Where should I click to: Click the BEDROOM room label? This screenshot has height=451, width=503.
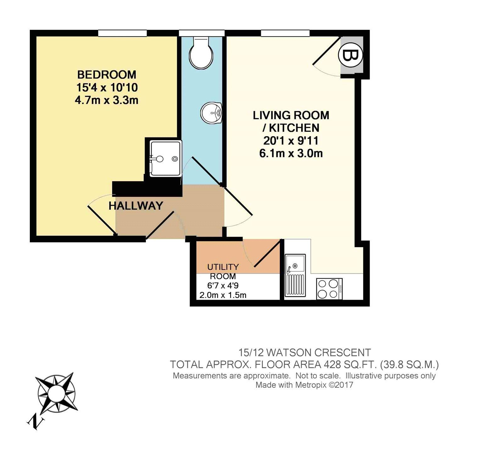tap(107, 75)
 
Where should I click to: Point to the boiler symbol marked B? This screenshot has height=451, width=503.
tap(350, 56)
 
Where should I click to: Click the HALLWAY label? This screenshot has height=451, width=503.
tap(136, 206)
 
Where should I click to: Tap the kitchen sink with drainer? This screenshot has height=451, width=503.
tap(295, 276)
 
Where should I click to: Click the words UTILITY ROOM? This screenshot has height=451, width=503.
tap(223, 271)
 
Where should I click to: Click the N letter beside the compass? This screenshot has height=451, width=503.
tap(36, 421)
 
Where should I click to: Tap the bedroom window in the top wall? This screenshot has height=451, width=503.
tap(122, 33)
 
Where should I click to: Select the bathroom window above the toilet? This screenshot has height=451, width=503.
tap(202, 33)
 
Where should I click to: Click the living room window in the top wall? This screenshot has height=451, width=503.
tap(285, 33)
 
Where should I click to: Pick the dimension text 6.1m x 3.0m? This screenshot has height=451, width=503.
tap(291, 153)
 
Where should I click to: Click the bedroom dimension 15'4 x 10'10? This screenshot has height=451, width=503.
tap(107, 87)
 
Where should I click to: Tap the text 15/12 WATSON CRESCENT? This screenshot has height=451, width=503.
tap(304, 352)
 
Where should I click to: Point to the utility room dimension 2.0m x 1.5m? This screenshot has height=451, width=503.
tap(223, 295)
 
